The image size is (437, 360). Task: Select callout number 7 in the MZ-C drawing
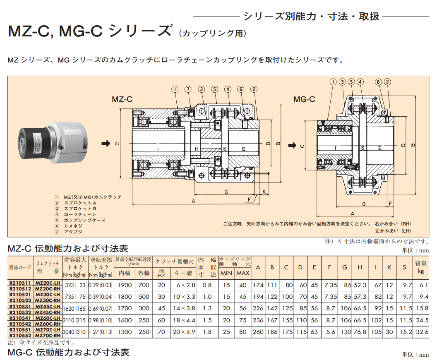(x=188, y=89)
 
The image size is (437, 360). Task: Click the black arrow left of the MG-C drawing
(x=291, y=145)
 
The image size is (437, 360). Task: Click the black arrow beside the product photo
(x=106, y=143)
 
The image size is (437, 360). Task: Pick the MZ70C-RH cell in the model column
(x=48, y=336)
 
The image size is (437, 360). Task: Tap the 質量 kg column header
(x=421, y=267)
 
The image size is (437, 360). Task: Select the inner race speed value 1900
(x=125, y=285)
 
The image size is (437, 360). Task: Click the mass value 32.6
(x=421, y=332)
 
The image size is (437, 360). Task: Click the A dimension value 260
(x=258, y=332)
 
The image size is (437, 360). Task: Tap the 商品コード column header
(x=20, y=267)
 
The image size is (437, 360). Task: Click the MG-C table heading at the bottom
(x=69, y=353)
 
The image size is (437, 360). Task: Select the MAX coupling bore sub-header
(x=243, y=273)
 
